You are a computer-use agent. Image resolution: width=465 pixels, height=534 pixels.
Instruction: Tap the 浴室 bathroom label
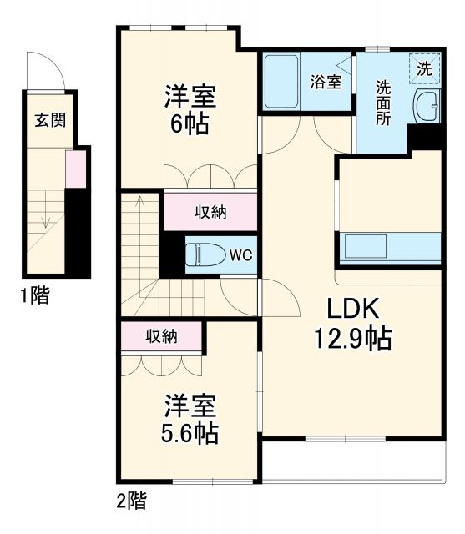(326, 82)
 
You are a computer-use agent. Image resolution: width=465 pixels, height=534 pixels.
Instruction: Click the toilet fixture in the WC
(201, 254)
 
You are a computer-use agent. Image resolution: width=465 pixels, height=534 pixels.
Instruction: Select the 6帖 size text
(190, 124)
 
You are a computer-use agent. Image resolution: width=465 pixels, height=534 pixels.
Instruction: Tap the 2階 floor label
(132, 501)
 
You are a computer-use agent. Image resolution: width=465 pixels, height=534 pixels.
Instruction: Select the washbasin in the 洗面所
(428, 106)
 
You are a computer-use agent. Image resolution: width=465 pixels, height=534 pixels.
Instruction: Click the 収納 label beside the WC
(210, 212)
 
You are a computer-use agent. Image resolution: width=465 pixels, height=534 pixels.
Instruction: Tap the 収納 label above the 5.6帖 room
(162, 336)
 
